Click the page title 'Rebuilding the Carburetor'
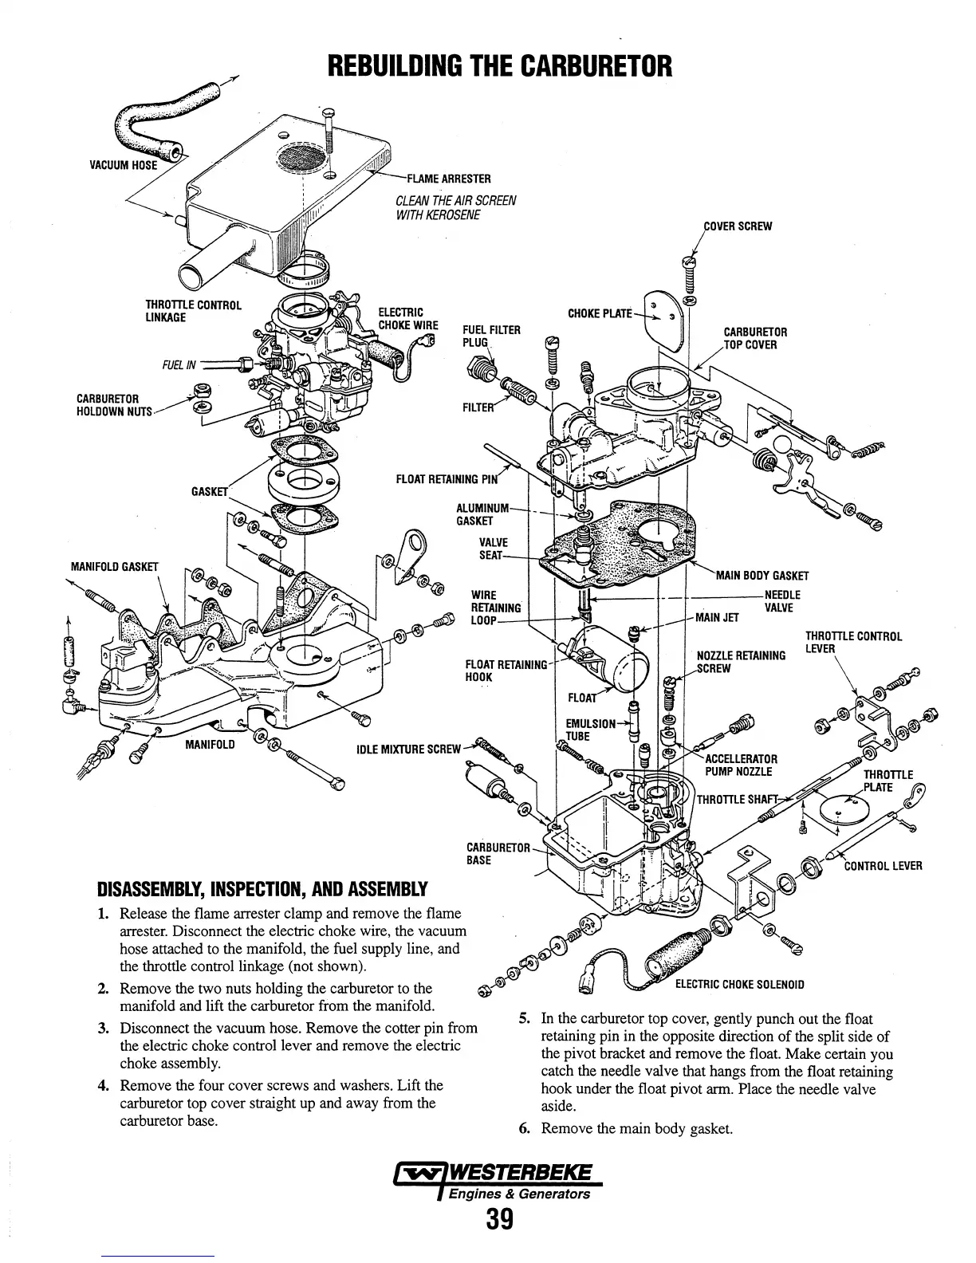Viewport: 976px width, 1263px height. (x=500, y=65)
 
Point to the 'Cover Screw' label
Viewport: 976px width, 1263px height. (x=738, y=226)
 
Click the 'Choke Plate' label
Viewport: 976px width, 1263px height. (x=599, y=313)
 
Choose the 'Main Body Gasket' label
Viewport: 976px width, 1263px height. (x=762, y=576)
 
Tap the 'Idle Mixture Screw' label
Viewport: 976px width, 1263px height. (x=409, y=749)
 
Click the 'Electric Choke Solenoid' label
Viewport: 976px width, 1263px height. (x=739, y=984)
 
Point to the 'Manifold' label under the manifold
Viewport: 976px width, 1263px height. (x=210, y=745)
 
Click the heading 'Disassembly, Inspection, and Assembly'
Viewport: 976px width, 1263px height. (x=262, y=889)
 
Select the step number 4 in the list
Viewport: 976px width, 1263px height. (x=104, y=1086)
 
